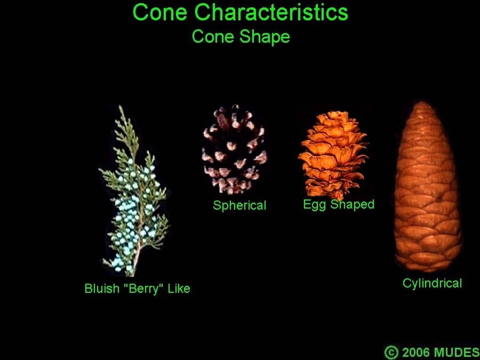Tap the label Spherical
(x=239, y=205)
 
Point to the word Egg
(x=314, y=205)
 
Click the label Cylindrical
(x=432, y=283)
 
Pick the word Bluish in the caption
(x=102, y=289)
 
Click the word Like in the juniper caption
(x=179, y=289)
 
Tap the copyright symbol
(x=391, y=352)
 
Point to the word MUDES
(x=457, y=352)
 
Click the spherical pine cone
(x=235, y=149)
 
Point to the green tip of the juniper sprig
(x=122, y=109)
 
